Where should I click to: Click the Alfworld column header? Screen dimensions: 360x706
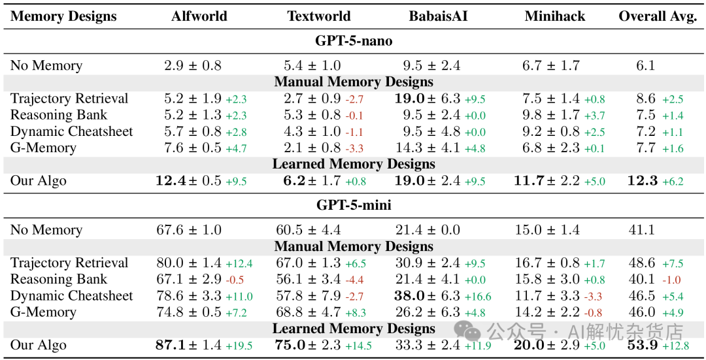(x=199, y=16)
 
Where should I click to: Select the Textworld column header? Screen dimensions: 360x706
(x=319, y=16)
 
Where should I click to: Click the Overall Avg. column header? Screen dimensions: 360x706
(x=658, y=16)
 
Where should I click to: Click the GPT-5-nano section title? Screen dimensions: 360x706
(x=354, y=41)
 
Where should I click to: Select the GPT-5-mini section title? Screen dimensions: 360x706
(x=354, y=206)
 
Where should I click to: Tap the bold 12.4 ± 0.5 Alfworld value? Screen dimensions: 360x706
(x=188, y=181)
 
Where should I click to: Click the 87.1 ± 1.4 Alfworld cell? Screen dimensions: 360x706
(x=189, y=346)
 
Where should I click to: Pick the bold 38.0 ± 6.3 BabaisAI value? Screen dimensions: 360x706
(x=427, y=296)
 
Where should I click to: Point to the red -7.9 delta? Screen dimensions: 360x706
(x=354, y=297)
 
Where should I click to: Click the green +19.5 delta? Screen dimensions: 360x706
(x=239, y=346)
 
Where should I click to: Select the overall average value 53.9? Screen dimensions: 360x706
(x=644, y=346)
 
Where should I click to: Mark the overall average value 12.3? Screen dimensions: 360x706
(x=643, y=181)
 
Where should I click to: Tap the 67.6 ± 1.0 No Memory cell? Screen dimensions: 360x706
(x=189, y=230)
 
